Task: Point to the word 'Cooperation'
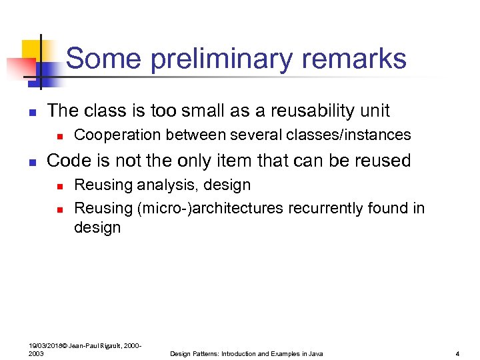[x=117, y=135]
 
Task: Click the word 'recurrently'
[x=326, y=208]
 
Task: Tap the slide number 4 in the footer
[x=457, y=353]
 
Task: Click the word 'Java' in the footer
[x=315, y=353]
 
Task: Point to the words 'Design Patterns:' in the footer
[x=195, y=353]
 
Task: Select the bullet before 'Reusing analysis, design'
[x=59, y=186]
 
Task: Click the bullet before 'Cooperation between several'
[x=59, y=136]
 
